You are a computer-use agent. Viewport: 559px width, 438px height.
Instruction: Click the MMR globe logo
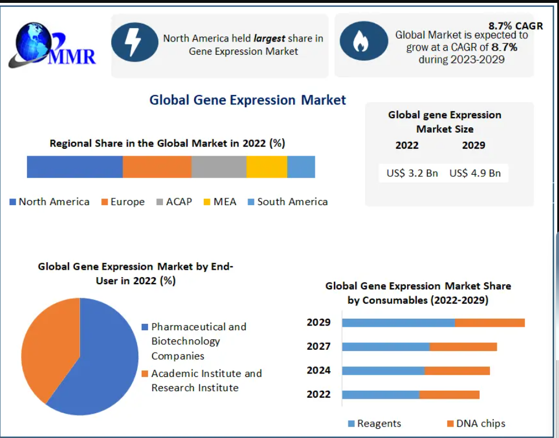[52, 46]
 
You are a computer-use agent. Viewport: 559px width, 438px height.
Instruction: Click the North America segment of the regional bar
[75, 167]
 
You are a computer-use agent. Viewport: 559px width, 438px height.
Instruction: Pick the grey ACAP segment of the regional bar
[219, 167]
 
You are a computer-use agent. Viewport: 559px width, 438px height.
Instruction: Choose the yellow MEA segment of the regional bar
[267, 167]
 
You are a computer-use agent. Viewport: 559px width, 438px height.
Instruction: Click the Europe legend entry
[123, 202]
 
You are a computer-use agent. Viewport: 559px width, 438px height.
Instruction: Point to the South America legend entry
[288, 202]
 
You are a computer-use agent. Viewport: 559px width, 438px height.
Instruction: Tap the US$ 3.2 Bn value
[412, 173]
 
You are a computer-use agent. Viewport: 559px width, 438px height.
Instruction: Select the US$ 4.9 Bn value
[475, 173]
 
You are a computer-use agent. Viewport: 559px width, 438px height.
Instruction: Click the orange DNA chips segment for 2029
[490, 323]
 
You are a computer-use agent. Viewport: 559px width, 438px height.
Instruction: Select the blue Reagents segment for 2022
[381, 394]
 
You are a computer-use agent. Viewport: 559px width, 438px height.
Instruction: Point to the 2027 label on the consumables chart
[319, 346]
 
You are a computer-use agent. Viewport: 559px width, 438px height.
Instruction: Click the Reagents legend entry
[374, 424]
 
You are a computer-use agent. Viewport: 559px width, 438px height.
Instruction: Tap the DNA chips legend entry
[476, 424]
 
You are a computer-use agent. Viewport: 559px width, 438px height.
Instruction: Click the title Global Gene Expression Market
[248, 100]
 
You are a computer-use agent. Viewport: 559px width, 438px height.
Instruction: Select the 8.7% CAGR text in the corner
[515, 26]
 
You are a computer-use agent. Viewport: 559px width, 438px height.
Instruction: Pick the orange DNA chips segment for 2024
[457, 371]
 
